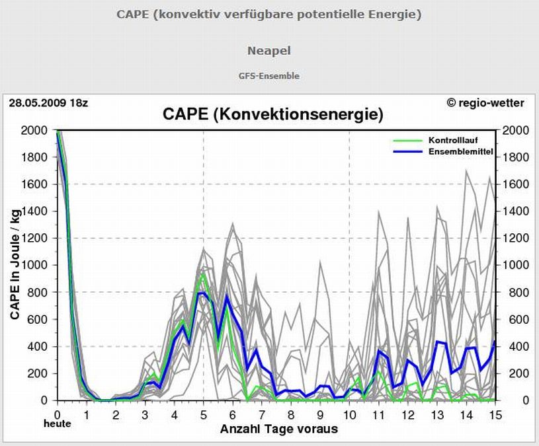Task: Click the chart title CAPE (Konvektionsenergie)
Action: [272, 115]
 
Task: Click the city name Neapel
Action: [269, 51]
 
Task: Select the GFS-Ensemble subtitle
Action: [269, 76]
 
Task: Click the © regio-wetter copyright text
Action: [485, 102]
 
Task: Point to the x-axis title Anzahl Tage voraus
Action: [278, 429]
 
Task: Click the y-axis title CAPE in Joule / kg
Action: [15, 263]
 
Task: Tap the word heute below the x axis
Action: [58, 424]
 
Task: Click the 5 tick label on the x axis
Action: [203, 414]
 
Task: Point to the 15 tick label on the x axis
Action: [495, 414]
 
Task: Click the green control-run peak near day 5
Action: [203, 274]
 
